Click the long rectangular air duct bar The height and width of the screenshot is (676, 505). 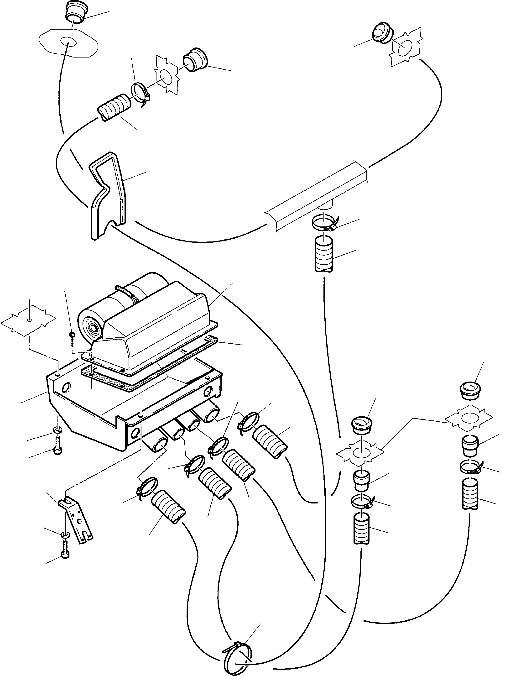pyautogui.click(x=318, y=196)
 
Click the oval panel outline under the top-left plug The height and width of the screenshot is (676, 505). pyautogui.click(x=68, y=42)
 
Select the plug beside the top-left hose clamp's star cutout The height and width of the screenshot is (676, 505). pyautogui.click(x=195, y=60)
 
